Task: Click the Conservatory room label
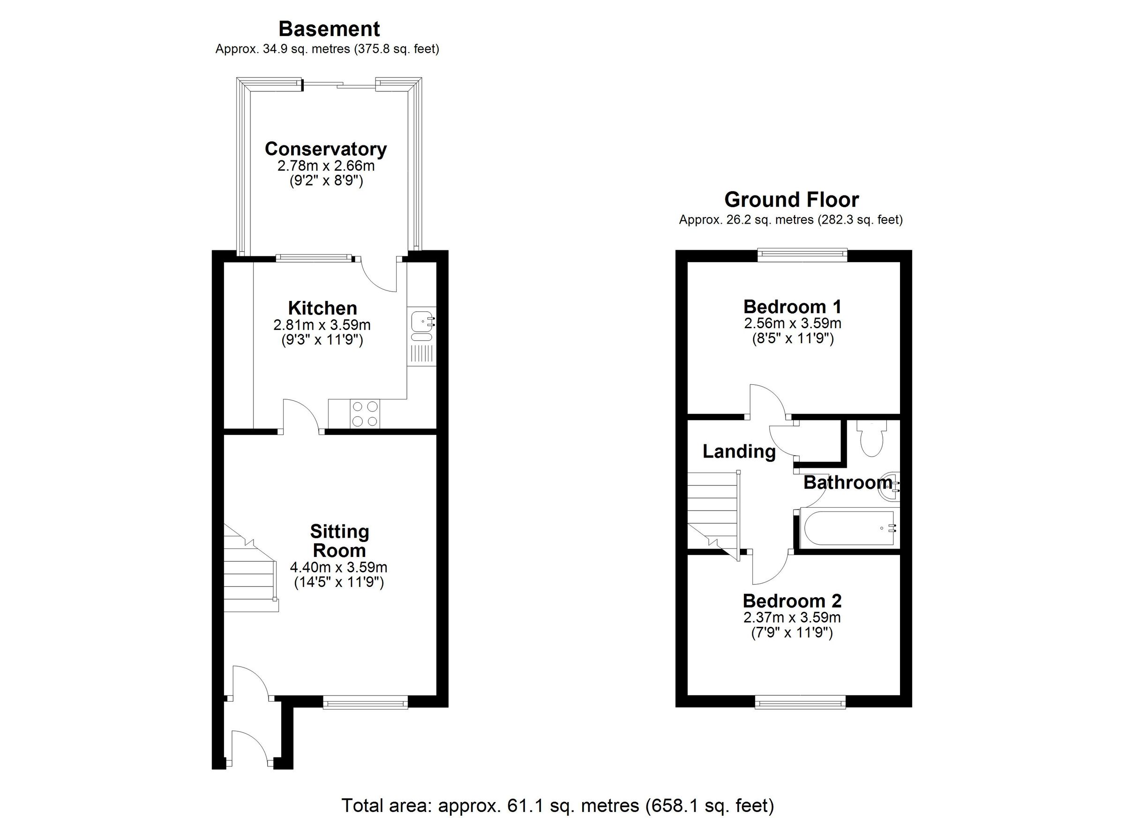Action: [325, 149]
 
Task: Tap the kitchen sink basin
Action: [420, 321]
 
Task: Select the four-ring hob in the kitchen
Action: [365, 414]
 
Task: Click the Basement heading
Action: [329, 29]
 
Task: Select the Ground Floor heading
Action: [791, 200]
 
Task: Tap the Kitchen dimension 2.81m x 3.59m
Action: [322, 325]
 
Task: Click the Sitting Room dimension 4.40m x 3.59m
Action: [338, 567]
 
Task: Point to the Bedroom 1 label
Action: [792, 307]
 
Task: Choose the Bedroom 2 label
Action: [792, 601]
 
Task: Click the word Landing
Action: [739, 451]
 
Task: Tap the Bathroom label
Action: [847, 483]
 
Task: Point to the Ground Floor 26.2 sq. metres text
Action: [791, 220]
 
